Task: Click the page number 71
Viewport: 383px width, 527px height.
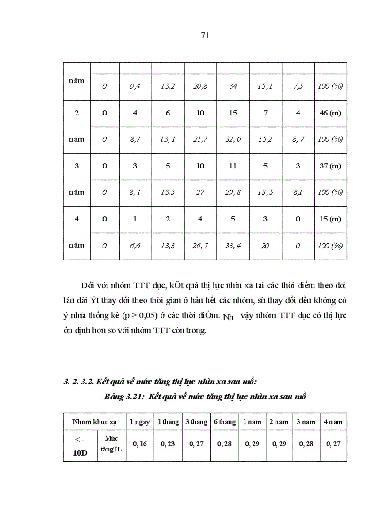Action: [205, 35]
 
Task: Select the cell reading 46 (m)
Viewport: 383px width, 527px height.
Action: [330, 113]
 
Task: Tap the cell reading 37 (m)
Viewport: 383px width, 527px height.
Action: [330, 166]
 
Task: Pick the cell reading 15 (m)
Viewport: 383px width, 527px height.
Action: [330, 219]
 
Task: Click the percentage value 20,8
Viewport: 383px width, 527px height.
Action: [200, 87]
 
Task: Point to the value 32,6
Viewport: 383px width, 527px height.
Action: [233, 139]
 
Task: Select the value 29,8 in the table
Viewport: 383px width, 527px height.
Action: [233, 192]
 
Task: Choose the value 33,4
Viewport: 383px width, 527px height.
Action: [233, 245]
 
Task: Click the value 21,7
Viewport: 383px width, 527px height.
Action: [200, 139]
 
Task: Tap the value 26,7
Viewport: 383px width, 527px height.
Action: [200, 245]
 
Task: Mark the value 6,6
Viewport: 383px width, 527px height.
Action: [135, 245]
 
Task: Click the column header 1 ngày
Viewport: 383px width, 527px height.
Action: [140, 422]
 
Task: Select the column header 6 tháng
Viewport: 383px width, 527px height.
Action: [224, 422]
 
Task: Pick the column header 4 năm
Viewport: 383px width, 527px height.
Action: [333, 422]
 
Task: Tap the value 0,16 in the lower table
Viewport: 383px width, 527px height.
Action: [140, 443]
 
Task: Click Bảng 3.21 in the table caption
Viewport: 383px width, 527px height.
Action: [124, 397]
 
